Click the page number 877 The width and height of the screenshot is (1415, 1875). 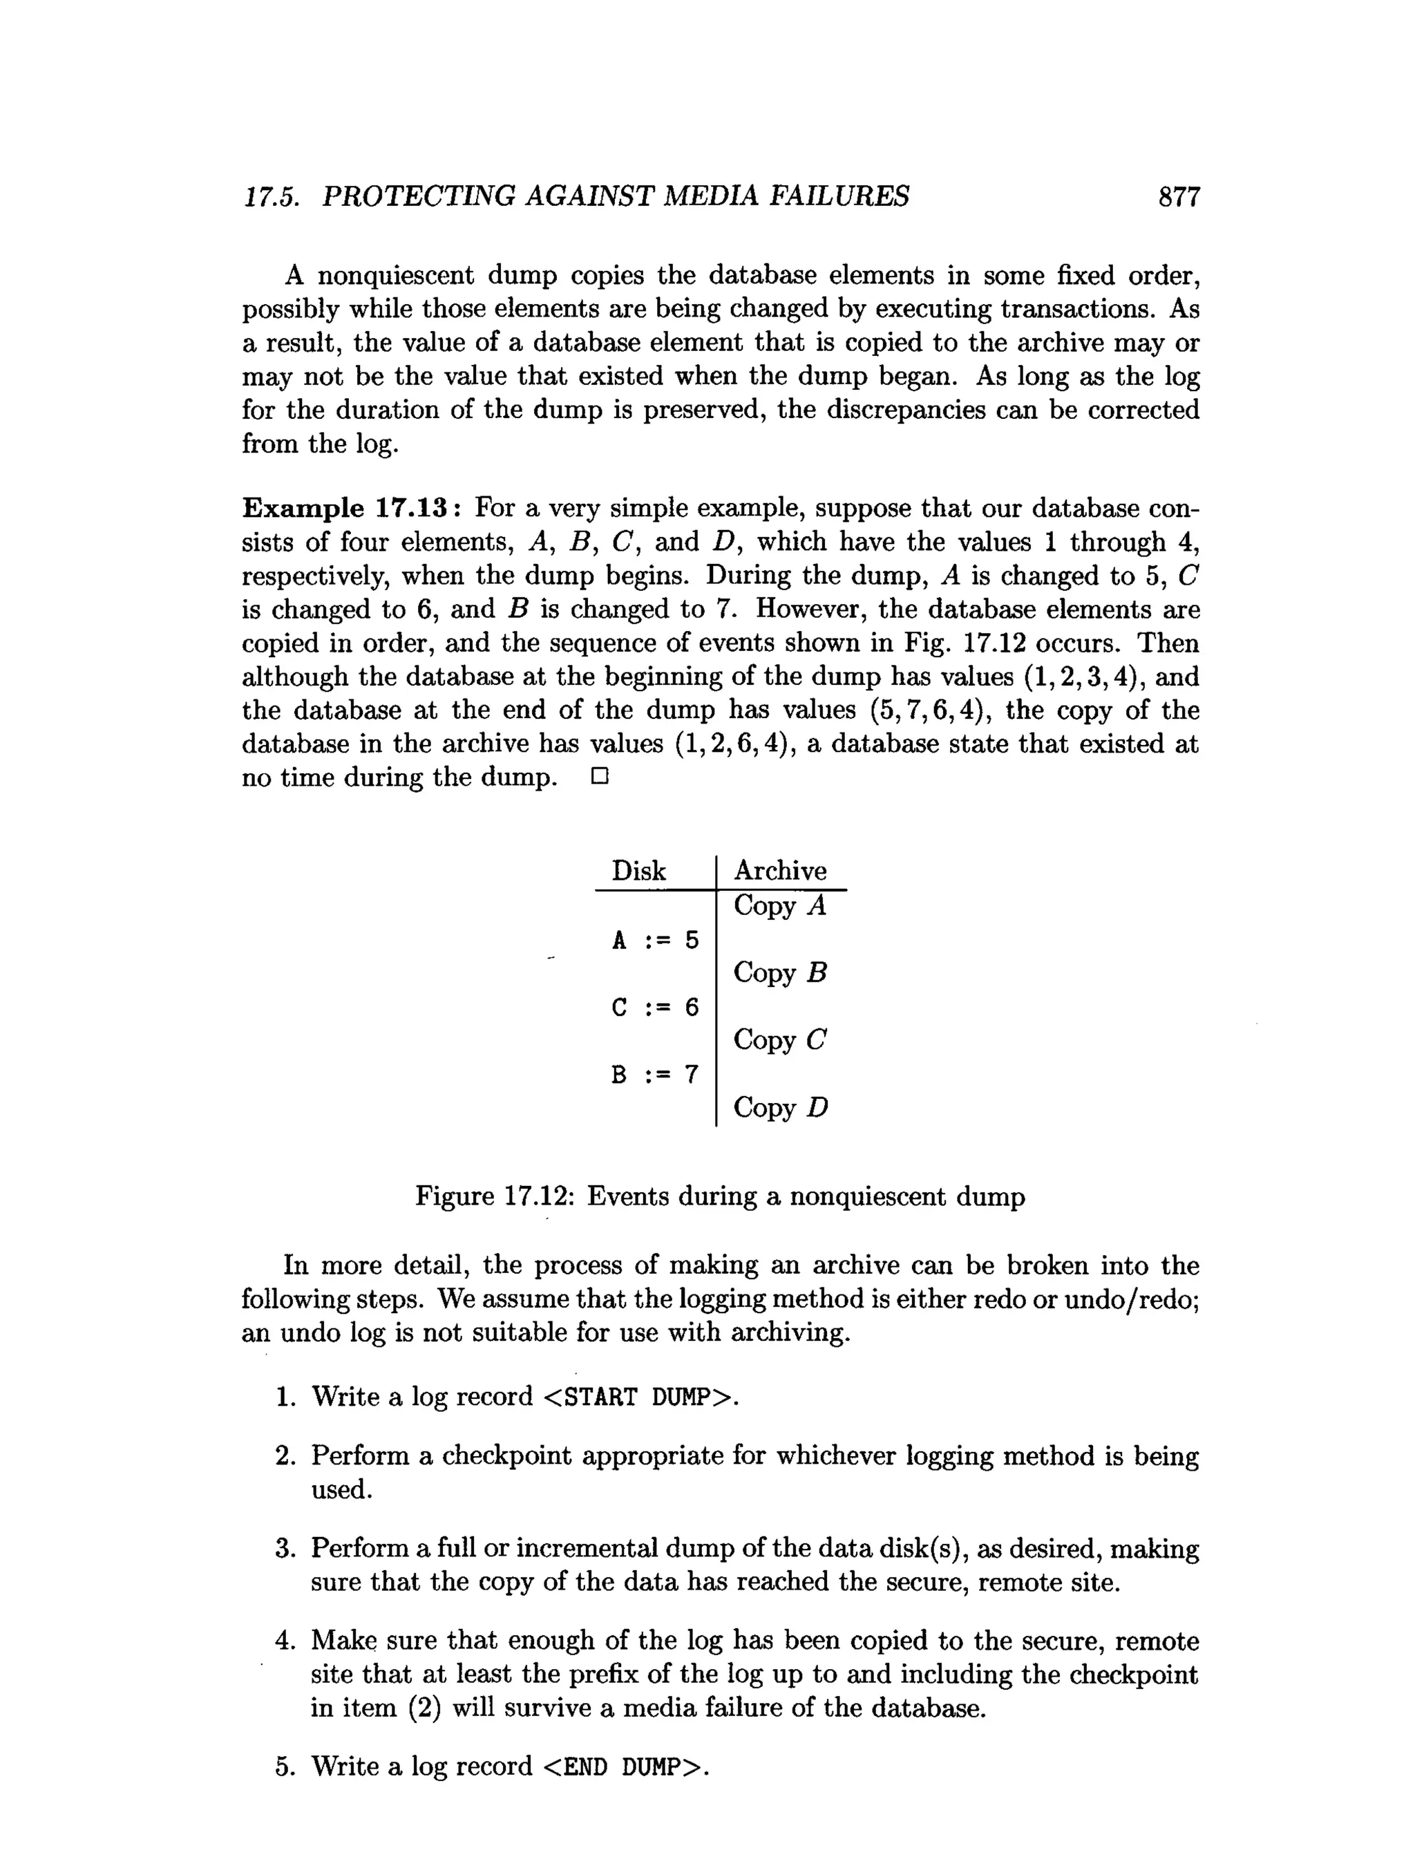(1179, 198)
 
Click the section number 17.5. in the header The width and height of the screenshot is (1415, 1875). (271, 198)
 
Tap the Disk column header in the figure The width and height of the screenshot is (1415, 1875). (639, 871)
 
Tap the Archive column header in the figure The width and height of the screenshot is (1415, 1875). (779, 871)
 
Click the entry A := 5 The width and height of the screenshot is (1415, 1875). (655, 940)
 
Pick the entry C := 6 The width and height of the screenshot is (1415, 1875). (655, 1008)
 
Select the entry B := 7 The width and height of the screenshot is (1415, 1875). (655, 1075)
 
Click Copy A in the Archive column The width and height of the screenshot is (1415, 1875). (779, 906)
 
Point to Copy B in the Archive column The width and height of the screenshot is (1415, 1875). (779, 973)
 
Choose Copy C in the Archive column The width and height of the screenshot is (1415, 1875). (779, 1040)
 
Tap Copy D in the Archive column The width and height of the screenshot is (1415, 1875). (780, 1108)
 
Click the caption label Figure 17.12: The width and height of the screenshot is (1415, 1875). (495, 1197)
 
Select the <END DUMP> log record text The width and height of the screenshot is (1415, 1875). (621, 1766)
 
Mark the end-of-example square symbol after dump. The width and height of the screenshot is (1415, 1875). (600, 778)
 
